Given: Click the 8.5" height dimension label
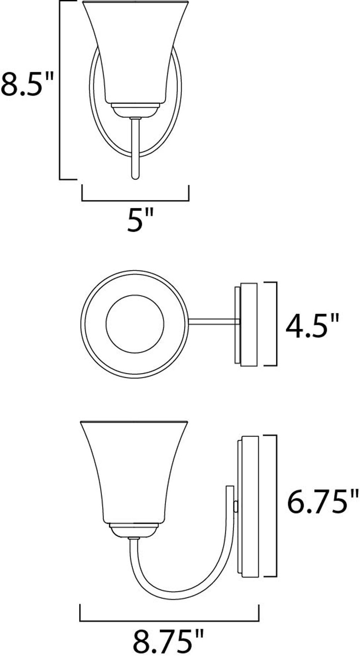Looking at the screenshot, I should tap(27, 84).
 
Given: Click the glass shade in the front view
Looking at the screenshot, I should tap(135, 53).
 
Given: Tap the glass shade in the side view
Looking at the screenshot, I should tap(134, 472).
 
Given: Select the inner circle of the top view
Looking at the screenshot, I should tap(135, 324).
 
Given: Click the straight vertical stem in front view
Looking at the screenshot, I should tap(135, 149).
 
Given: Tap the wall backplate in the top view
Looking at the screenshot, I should tap(249, 324).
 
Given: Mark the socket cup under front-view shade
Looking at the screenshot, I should tap(135, 110).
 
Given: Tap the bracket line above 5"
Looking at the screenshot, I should tap(135, 200).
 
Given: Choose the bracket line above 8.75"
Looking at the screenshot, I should tap(169, 620).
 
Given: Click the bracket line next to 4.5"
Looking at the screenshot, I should tap(276, 324).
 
